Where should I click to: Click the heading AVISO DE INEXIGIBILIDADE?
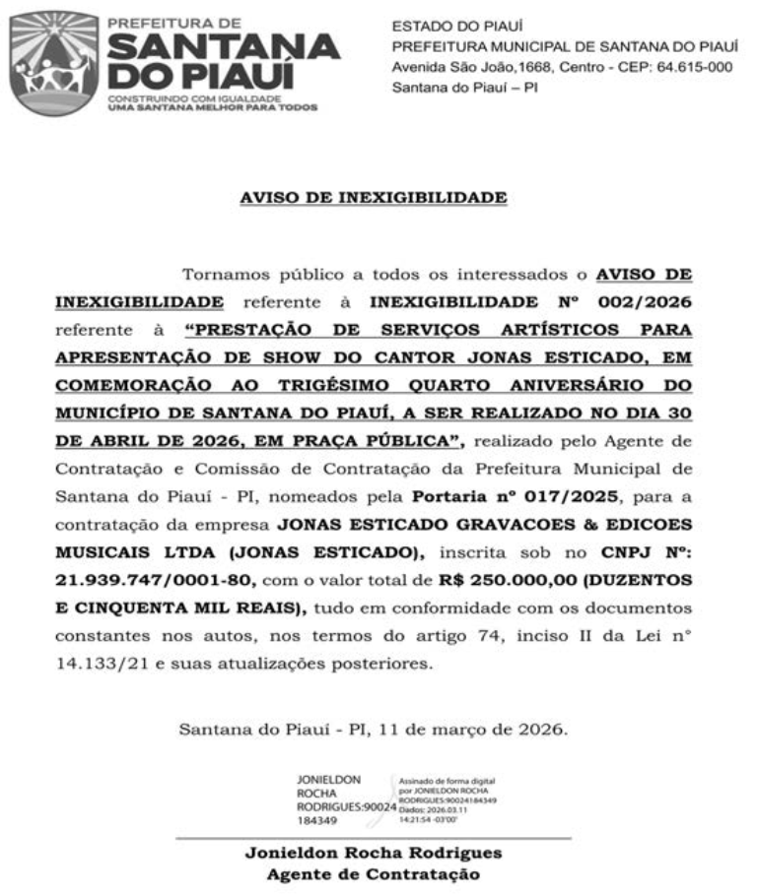tap(374, 198)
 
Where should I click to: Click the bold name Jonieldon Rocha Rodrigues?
tap(374, 853)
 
